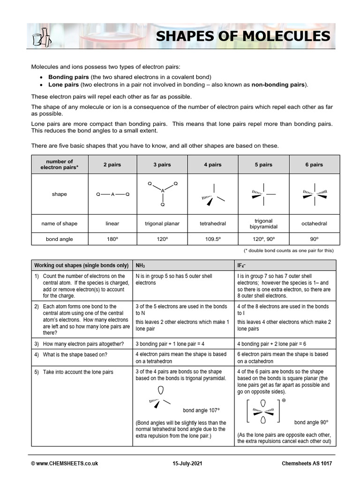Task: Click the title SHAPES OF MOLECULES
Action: [x=242, y=36]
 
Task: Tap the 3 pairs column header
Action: [x=162, y=165]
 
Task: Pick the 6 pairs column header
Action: [x=314, y=165]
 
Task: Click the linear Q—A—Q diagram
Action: [x=112, y=194]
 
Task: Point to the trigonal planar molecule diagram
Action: [x=162, y=193]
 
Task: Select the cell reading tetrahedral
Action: [x=212, y=224]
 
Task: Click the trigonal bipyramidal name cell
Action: [x=263, y=224]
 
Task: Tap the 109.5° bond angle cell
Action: [x=212, y=239]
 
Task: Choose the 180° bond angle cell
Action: [x=112, y=239]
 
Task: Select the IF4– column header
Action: [x=243, y=265]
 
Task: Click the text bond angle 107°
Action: [x=201, y=411]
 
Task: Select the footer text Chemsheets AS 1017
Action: [x=307, y=464]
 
